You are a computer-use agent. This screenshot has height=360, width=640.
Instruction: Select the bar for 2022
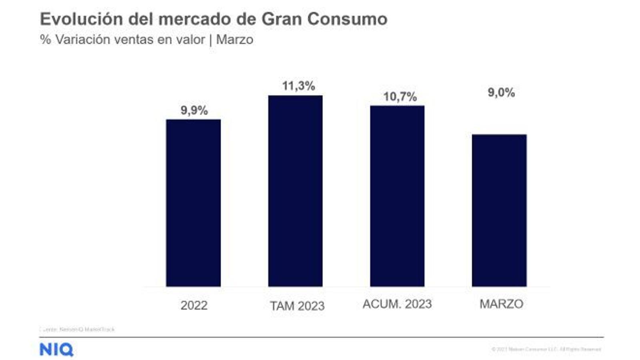coord(193,203)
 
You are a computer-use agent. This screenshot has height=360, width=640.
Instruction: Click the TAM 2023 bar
coord(295,191)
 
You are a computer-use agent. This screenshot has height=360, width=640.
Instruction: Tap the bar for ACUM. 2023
coord(397,196)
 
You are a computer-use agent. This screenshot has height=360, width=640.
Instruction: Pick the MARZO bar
coord(499,210)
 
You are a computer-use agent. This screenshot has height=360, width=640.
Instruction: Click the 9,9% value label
coord(194,110)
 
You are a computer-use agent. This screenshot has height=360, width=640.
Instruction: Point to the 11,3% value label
coord(298,86)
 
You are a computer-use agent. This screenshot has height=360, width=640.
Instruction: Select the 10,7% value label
coord(400,96)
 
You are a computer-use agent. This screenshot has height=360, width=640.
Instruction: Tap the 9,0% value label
coord(501,92)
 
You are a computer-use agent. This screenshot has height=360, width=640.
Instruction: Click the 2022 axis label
coord(194,305)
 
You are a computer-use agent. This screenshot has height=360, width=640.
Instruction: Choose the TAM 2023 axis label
coord(297,306)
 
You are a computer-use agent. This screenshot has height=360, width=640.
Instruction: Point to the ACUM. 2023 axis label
coord(397,304)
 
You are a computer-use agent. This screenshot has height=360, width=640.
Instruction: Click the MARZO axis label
coord(501,304)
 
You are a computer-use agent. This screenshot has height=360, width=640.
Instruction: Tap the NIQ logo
coord(56,350)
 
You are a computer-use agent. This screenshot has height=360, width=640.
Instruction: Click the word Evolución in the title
coord(81,19)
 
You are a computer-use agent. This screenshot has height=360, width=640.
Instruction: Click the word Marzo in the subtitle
coord(234,40)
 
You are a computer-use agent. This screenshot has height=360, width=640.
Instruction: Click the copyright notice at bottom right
coord(546,349)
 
